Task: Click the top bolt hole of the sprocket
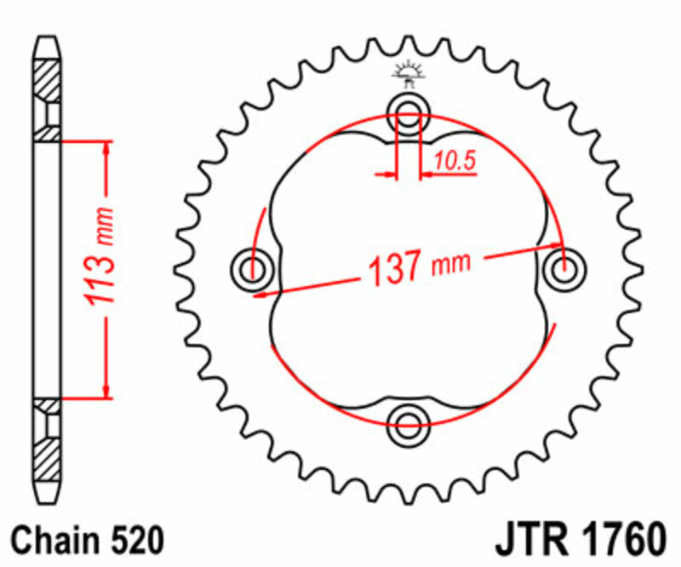(x=409, y=112)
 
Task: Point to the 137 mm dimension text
(x=417, y=268)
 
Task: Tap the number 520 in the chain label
(x=134, y=541)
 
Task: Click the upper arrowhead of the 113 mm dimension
(x=106, y=147)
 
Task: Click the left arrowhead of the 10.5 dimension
(x=391, y=175)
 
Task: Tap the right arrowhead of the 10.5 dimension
(x=427, y=175)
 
